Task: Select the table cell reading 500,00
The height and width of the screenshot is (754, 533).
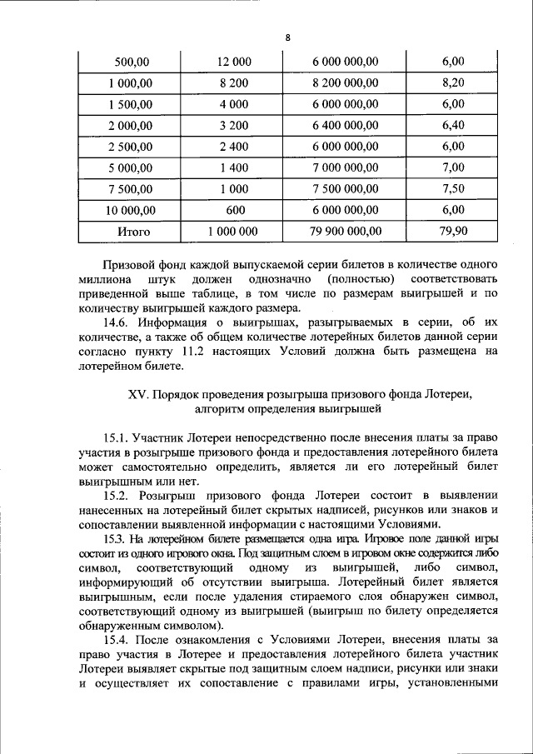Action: pyautogui.click(x=132, y=62)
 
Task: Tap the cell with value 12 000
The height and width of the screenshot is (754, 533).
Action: pyautogui.click(x=234, y=62)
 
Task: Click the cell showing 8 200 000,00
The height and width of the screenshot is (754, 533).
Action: pyautogui.click(x=346, y=82)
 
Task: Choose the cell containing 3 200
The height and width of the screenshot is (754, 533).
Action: pyautogui.click(x=234, y=125)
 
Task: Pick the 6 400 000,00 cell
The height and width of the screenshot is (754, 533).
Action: pyautogui.click(x=346, y=125)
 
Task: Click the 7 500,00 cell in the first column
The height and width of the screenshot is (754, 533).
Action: pyautogui.click(x=132, y=188)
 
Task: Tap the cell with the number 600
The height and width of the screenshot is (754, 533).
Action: pyautogui.click(x=234, y=210)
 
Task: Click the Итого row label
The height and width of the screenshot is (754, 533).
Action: pyautogui.click(x=132, y=231)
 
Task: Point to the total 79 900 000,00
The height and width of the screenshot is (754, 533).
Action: pyautogui.click(x=346, y=231)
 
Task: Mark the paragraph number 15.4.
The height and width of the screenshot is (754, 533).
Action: pyautogui.click(x=115, y=640)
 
